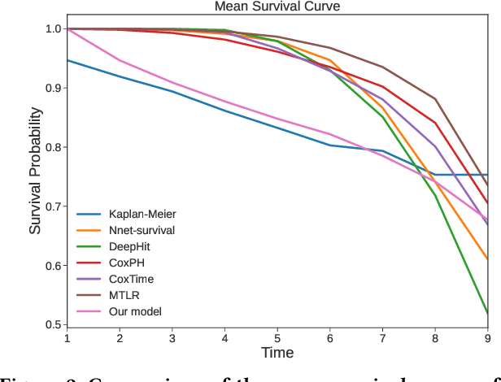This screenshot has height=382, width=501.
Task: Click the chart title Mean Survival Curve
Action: coord(277,7)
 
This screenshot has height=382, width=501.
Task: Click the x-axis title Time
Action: coord(277,352)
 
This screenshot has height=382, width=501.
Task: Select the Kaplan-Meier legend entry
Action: coord(142,215)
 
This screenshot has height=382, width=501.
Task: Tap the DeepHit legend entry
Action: coord(131,247)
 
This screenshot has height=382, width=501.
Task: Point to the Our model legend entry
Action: coord(135,311)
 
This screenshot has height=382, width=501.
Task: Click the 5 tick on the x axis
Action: coord(277,337)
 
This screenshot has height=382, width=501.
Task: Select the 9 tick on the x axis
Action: coord(487,337)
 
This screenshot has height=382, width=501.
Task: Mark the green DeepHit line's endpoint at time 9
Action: coord(487,313)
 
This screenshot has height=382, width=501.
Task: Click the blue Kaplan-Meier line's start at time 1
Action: coord(67,60)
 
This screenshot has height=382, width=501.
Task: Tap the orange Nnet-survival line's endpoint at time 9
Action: coord(487,259)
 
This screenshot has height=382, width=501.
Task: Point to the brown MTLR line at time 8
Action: coord(434,99)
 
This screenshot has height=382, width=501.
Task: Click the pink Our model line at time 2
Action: coord(120,60)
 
